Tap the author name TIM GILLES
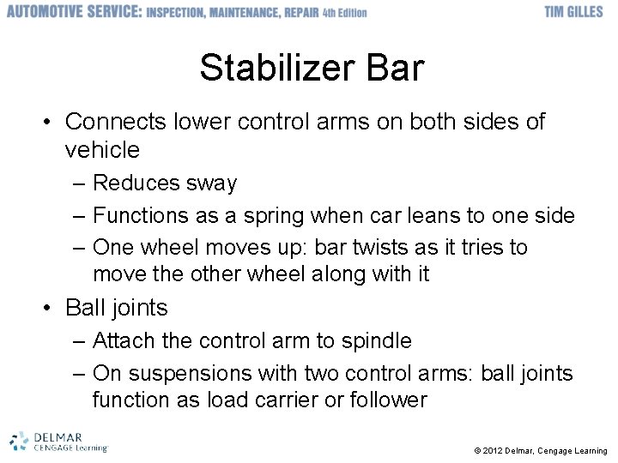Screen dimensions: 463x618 574,12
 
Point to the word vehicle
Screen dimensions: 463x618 101,150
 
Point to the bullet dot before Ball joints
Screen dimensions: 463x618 51,308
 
